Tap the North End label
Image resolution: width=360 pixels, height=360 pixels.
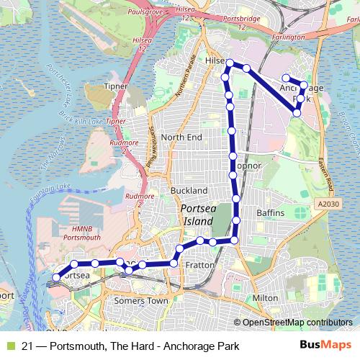pyautogui.click(x=181, y=137)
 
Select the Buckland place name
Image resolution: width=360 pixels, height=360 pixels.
pyautogui.click(x=189, y=190)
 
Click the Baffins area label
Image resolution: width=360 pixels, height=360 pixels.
pyautogui.click(x=271, y=214)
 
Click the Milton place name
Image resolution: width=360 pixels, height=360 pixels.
pyautogui.click(x=265, y=297)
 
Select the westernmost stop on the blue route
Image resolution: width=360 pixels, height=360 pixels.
pyautogui.click(x=58, y=276)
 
